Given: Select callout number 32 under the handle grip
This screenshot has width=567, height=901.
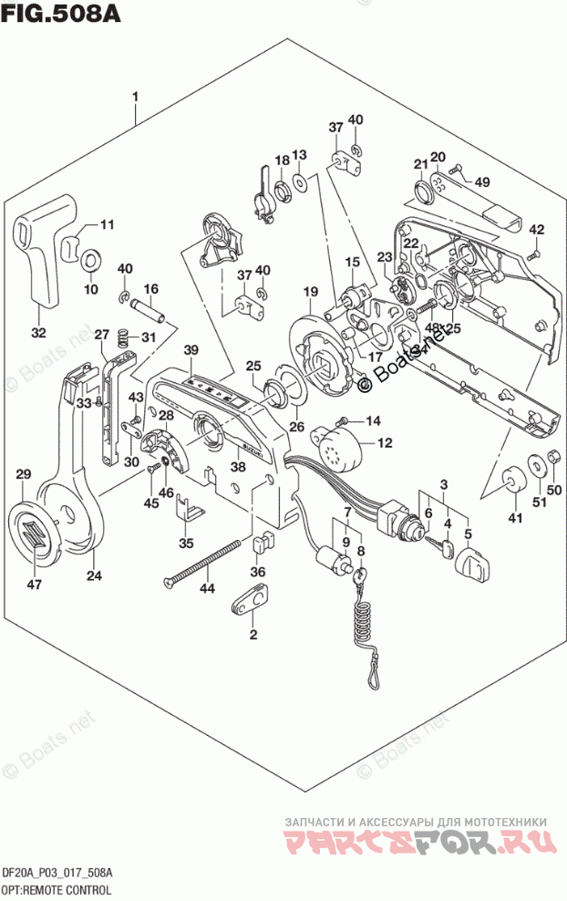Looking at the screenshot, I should (37, 332).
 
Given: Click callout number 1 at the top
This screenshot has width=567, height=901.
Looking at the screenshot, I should (135, 96).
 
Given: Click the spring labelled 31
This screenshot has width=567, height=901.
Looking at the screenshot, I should (121, 342).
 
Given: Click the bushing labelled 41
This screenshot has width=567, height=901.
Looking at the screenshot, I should (512, 480).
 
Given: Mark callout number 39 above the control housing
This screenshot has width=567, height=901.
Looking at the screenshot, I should (190, 351).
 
